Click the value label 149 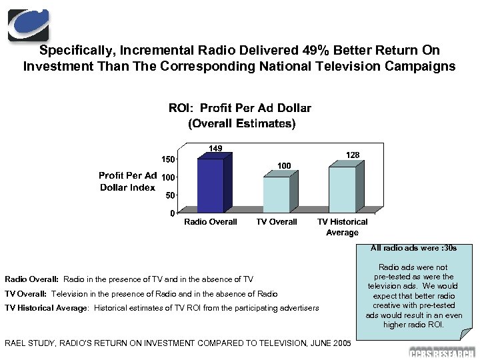pyautogui.click(x=215, y=148)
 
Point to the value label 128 pyautogui.click(x=353, y=155)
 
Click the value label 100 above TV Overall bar pyautogui.click(x=284, y=165)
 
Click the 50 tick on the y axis pyautogui.click(x=169, y=195)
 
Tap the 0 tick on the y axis pyautogui.click(x=171, y=213)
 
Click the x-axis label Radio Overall pyautogui.click(x=211, y=222)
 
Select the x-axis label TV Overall pyautogui.click(x=277, y=222)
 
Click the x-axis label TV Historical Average pyautogui.click(x=342, y=227)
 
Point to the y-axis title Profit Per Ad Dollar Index pyautogui.click(x=127, y=181)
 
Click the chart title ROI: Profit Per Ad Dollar pyautogui.click(x=240, y=108)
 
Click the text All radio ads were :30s pyautogui.click(x=413, y=248)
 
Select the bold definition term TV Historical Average pyautogui.click(x=46, y=308)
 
